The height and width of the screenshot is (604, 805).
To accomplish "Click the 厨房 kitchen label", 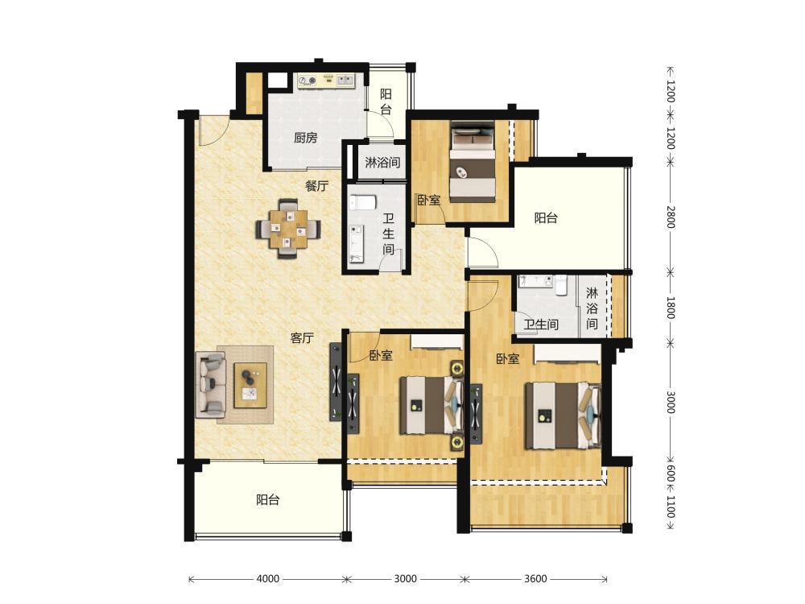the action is click(x=305, y=138).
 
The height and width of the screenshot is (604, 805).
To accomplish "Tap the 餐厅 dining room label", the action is click(x=316, y=186).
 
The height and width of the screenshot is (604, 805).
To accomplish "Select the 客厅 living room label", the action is click(x=302, y=338).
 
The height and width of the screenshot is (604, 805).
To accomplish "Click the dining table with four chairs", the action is click(x=289, y=229).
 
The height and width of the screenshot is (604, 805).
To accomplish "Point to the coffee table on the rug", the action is click(x=250, y=385).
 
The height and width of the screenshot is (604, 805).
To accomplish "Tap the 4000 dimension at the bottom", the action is click(x=267, y=579).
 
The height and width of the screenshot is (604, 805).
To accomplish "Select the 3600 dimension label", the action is click(x=535, y=579).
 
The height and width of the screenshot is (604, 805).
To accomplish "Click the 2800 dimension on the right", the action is click(x=671, y=217).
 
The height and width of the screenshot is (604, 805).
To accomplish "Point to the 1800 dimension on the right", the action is click(x=671, y=307).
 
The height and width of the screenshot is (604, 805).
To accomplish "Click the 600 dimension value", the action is click(x=671, y=474).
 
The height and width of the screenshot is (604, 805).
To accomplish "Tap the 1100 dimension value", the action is click(x=671, y=507).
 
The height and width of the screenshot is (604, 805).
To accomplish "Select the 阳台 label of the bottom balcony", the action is click(x=267, y=499).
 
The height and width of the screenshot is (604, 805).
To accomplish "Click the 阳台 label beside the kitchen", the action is click(x=386, y=101).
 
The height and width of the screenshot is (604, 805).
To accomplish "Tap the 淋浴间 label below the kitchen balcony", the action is click(x=382, y=163).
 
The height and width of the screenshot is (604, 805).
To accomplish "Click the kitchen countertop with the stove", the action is click(x=327, y=80).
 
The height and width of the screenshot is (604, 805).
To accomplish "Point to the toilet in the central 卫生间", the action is click(x=363, y=202).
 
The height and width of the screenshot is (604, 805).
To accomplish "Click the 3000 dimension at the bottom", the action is click(x=405, y=579).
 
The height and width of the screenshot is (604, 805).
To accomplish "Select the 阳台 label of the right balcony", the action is click(x=546, y=217).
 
